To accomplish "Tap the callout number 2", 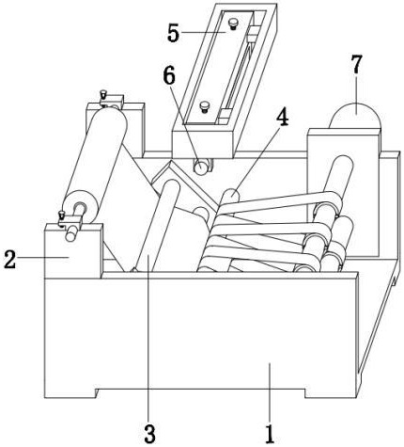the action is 9,259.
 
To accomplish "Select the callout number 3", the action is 149,434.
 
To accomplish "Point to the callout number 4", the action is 282,118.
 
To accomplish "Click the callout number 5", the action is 173,33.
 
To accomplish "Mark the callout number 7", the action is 356,64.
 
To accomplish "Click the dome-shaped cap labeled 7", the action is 355,116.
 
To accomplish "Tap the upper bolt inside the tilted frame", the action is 233,24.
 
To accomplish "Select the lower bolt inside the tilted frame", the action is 205,106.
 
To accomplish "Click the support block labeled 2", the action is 73,251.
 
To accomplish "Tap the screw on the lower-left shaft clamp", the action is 61,216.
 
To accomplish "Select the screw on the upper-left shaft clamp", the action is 103,95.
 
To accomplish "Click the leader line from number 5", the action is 203,32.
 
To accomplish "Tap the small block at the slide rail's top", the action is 253,31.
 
